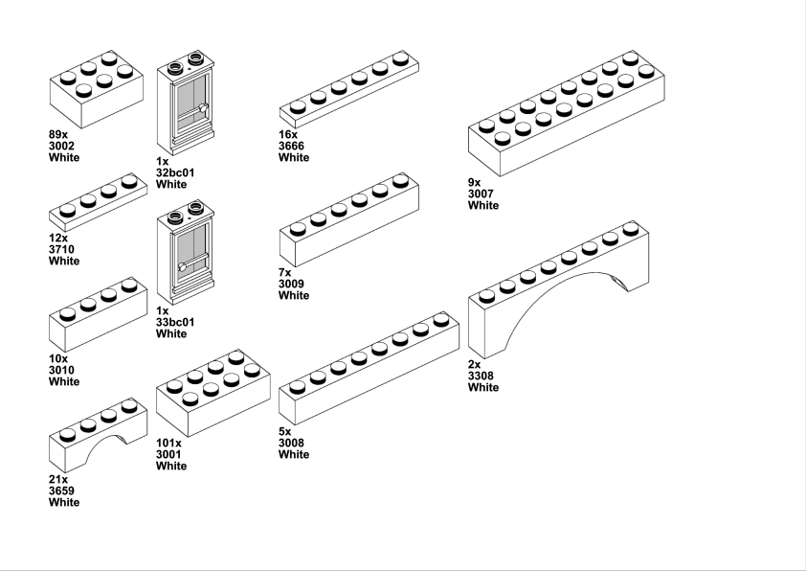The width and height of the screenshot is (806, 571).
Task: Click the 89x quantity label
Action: (x=58, y=134)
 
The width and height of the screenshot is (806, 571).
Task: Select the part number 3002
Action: (x=62, y=146)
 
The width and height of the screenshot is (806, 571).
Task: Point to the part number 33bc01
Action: (x=174, y=322)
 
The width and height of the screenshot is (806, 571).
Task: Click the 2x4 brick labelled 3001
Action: (x=213, y=393)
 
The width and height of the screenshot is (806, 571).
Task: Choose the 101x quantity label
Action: (x=168, y=443)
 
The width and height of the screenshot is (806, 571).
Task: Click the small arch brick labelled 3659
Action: (x=98, y=436)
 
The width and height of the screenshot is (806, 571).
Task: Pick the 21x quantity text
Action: (x=58, y=479)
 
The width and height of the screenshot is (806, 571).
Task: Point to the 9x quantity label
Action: (x=475, y=182)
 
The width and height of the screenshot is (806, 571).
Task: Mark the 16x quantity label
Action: (x=288, y=134)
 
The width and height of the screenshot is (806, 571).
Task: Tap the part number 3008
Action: (x=294, y=443)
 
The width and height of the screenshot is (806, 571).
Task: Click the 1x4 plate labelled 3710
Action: (x=98, y=202)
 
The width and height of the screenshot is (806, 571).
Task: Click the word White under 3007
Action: (x=483, y=205)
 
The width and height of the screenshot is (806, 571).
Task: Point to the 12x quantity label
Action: (x=58, y=238)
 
